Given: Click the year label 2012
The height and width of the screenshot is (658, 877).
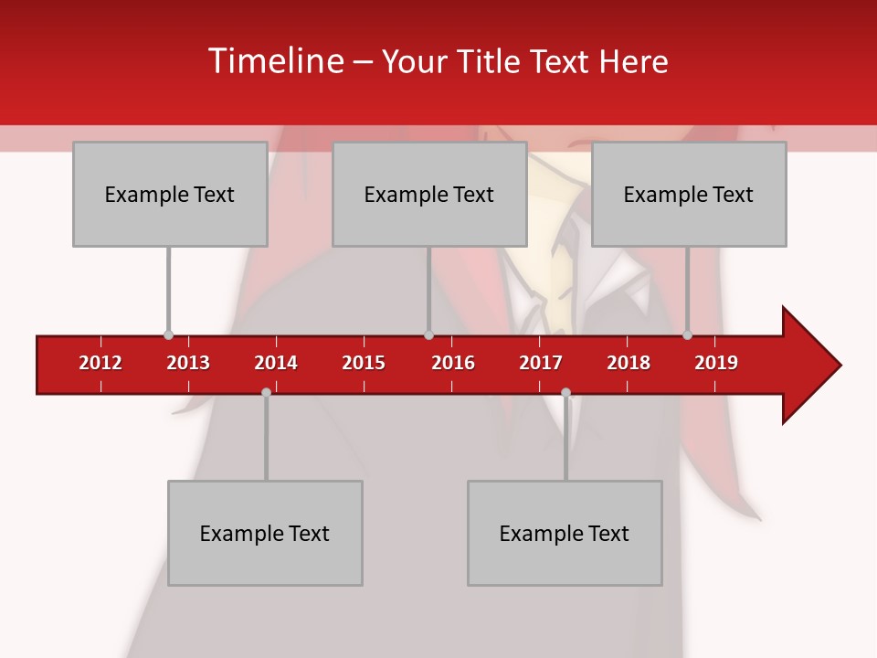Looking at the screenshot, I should click(x=100, y=363).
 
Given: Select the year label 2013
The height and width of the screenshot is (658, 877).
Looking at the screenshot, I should click(x=188, y=363).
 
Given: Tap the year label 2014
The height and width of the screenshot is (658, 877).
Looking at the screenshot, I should click(x=276, y=363).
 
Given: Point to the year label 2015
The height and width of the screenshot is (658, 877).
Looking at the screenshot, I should click(x=364, y=363).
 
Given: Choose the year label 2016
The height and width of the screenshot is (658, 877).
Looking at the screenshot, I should click(x=453, y=363).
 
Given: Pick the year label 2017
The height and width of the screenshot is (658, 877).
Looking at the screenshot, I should click(x=541, y=363).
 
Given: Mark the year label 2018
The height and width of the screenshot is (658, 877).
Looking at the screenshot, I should click(x=629, y=363).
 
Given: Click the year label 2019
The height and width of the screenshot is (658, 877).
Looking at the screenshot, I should click(x=716, y=363).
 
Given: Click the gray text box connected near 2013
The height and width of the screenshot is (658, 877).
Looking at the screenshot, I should click(x=170, y=194).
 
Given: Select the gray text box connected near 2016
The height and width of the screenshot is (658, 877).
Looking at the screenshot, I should click(x=429, y=194).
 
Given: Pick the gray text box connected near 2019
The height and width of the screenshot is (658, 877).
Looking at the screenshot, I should click(x=689, y=194).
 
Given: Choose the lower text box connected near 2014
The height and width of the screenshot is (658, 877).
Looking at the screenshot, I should click(x=265, y=533).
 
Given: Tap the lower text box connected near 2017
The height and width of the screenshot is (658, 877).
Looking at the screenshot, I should click(x=565, y=533).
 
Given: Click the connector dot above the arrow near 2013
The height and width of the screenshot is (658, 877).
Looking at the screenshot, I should click(x=168, y=334).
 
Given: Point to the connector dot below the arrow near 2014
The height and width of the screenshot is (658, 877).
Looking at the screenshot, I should click(x=266, y=392).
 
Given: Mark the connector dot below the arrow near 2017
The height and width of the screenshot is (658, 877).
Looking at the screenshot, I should click(x=565, y=392).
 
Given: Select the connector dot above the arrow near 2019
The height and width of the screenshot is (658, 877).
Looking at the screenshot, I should click(x=687, y=334).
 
